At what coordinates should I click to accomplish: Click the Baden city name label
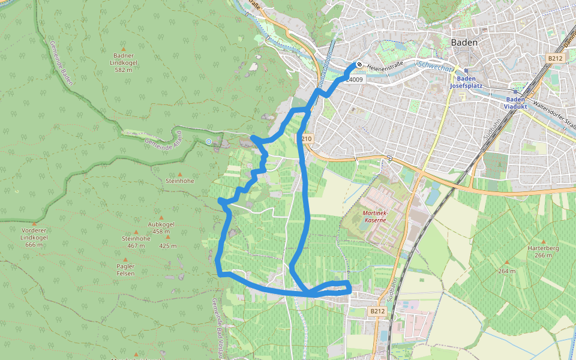(x=464, y=43)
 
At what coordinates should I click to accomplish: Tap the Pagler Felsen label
(x=126, y=269)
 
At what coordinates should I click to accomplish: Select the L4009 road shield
(x=355, y=79)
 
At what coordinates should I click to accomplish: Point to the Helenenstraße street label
(x=388, y=67)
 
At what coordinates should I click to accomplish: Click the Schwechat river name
(x=434, y=67)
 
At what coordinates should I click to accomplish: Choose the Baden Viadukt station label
(x=515, y=103)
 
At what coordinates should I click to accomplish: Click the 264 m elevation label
(x=507, y=271)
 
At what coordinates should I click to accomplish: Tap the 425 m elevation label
(x=168, y=246)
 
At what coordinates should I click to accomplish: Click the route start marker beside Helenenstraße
(x=359, y=65)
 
